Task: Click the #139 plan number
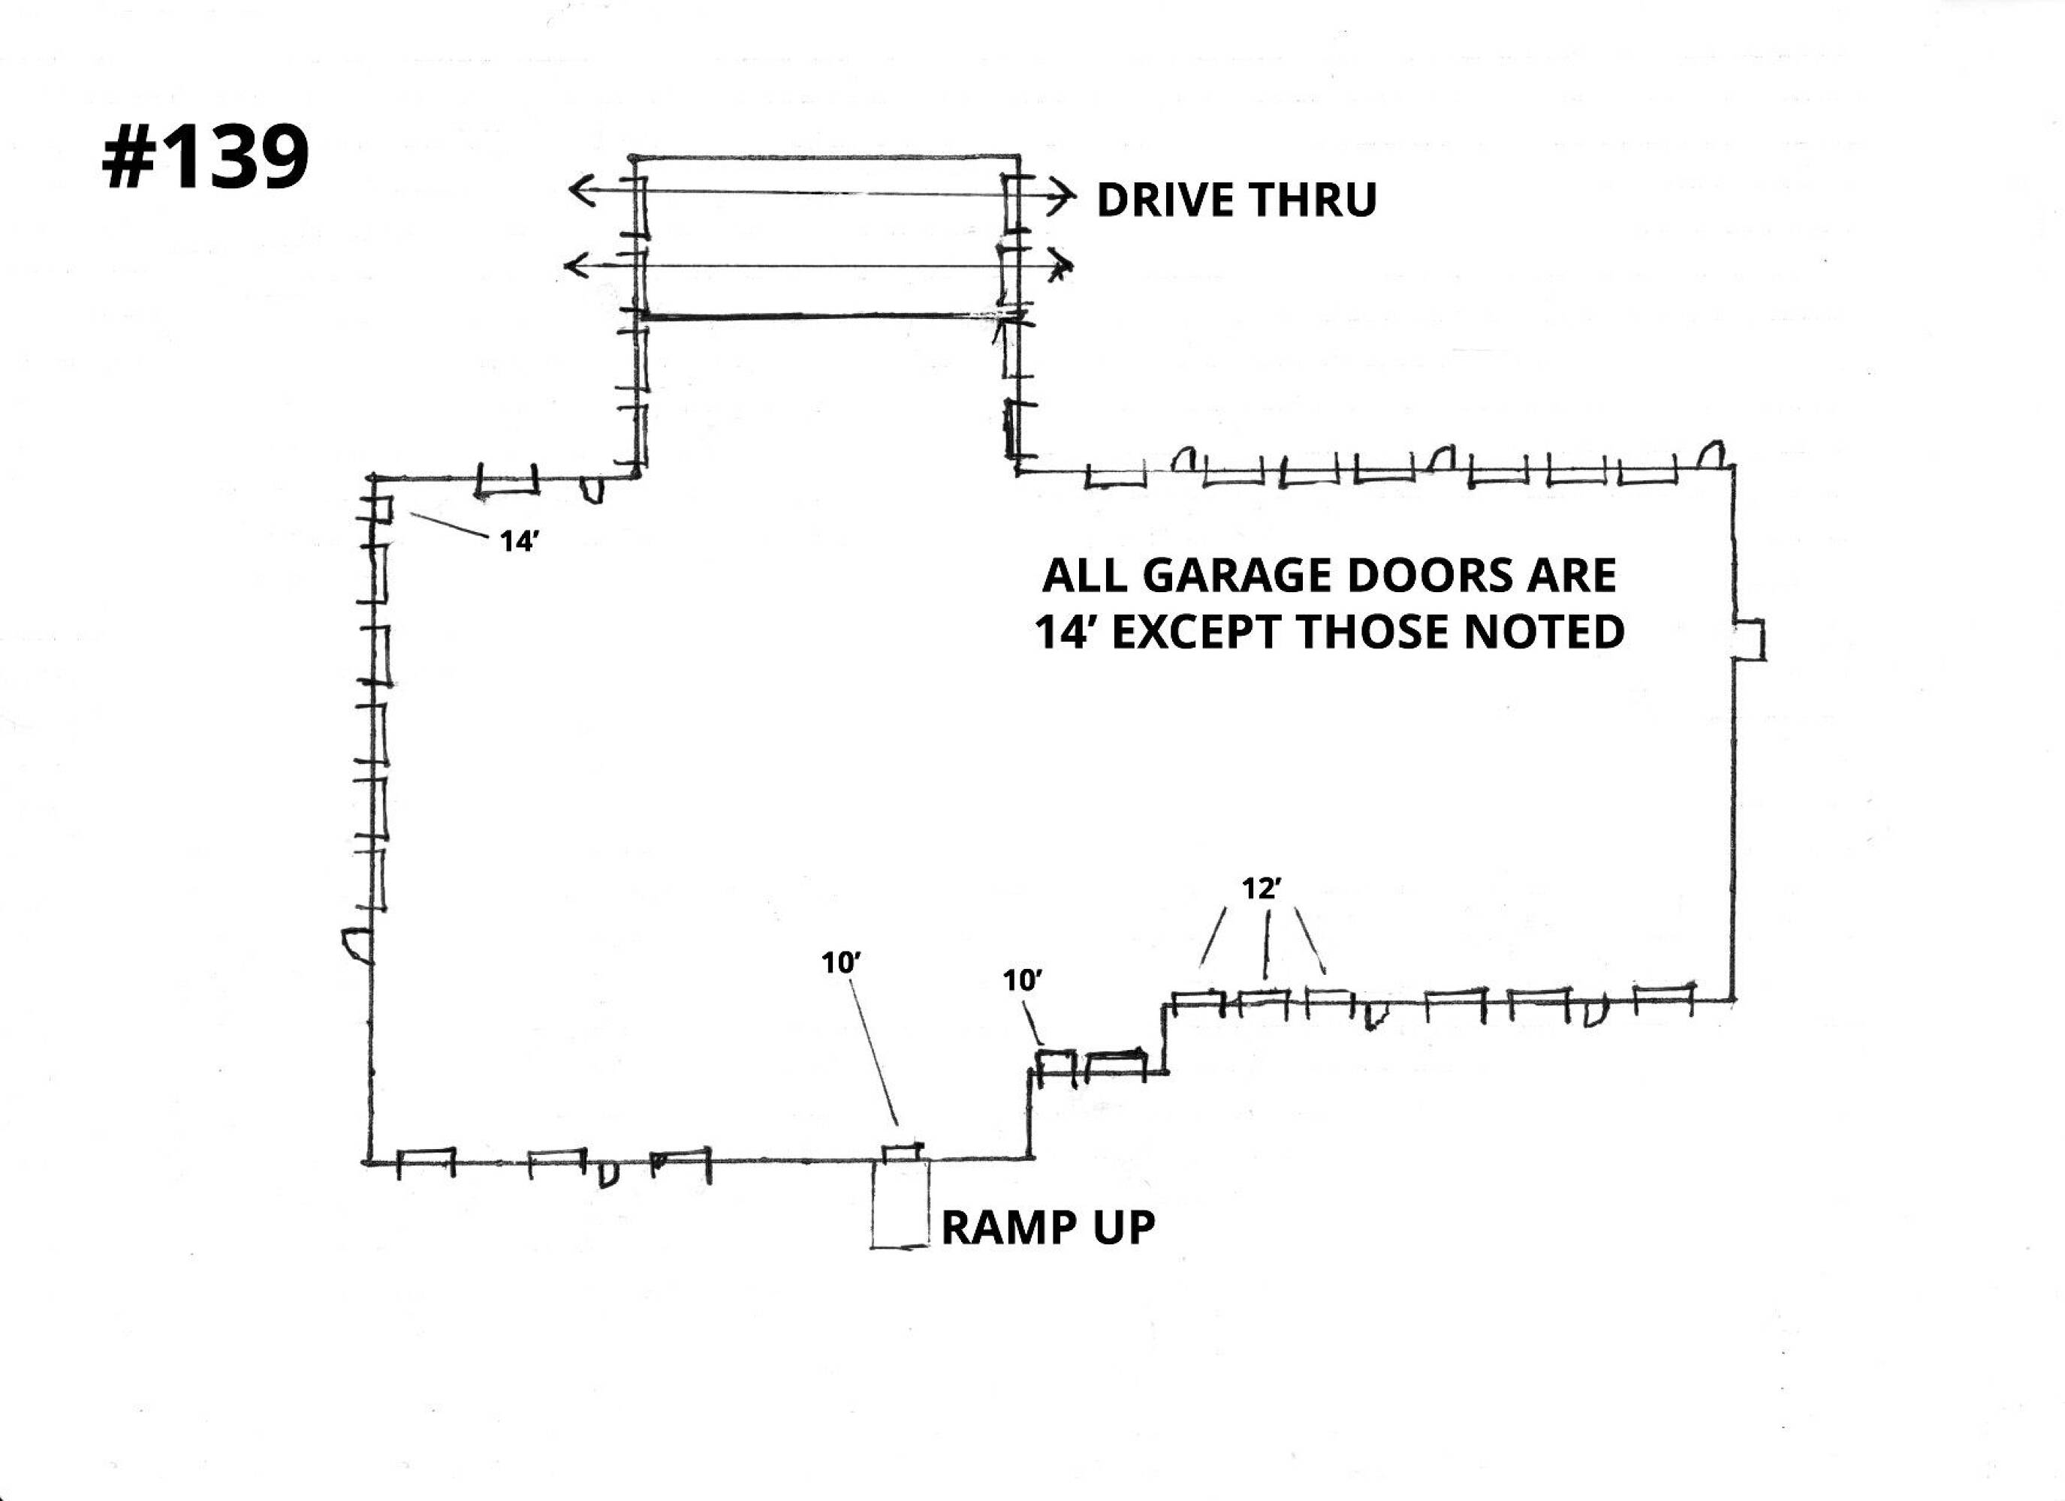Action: point(206,158)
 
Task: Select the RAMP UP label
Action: point(1047,1228)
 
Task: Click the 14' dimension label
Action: point(519,542)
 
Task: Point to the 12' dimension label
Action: point(1261,889)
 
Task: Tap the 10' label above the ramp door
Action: point(841,963)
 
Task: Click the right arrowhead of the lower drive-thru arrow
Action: point(1063,265)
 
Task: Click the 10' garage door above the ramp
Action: point(903,1152)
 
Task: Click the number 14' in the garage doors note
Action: point(1067,633)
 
